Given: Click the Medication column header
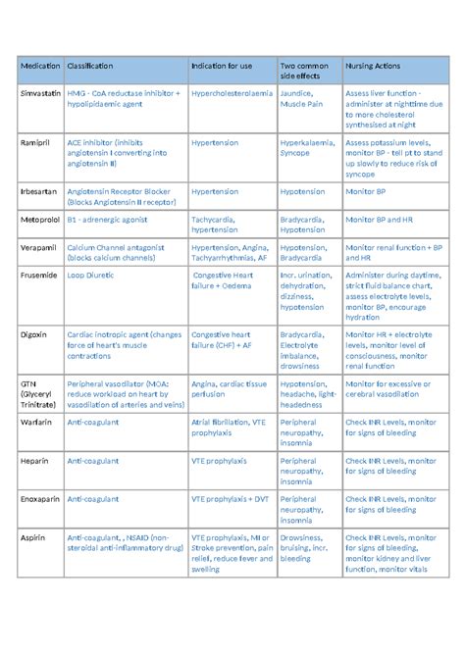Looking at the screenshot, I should tap(40, 66).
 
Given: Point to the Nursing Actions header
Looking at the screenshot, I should tap(372, 66).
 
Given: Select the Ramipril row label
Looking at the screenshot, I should tap(35, 142).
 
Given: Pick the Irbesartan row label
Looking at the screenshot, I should tap(39, 192).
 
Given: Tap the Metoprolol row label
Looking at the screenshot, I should tap(40, 221).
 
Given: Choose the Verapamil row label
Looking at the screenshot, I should tap(39, 248).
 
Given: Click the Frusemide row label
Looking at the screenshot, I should tap(40, 277).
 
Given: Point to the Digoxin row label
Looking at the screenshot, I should tap(35, 334).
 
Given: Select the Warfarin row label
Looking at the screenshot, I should tap(37, 421).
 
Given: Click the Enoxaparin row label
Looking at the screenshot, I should tap(41, 499).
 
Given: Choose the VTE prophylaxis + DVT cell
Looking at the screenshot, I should tap(229, 499).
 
